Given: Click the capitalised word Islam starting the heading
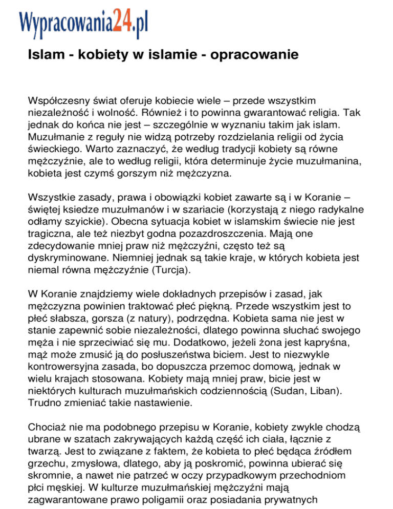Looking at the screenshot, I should point(42,53).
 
